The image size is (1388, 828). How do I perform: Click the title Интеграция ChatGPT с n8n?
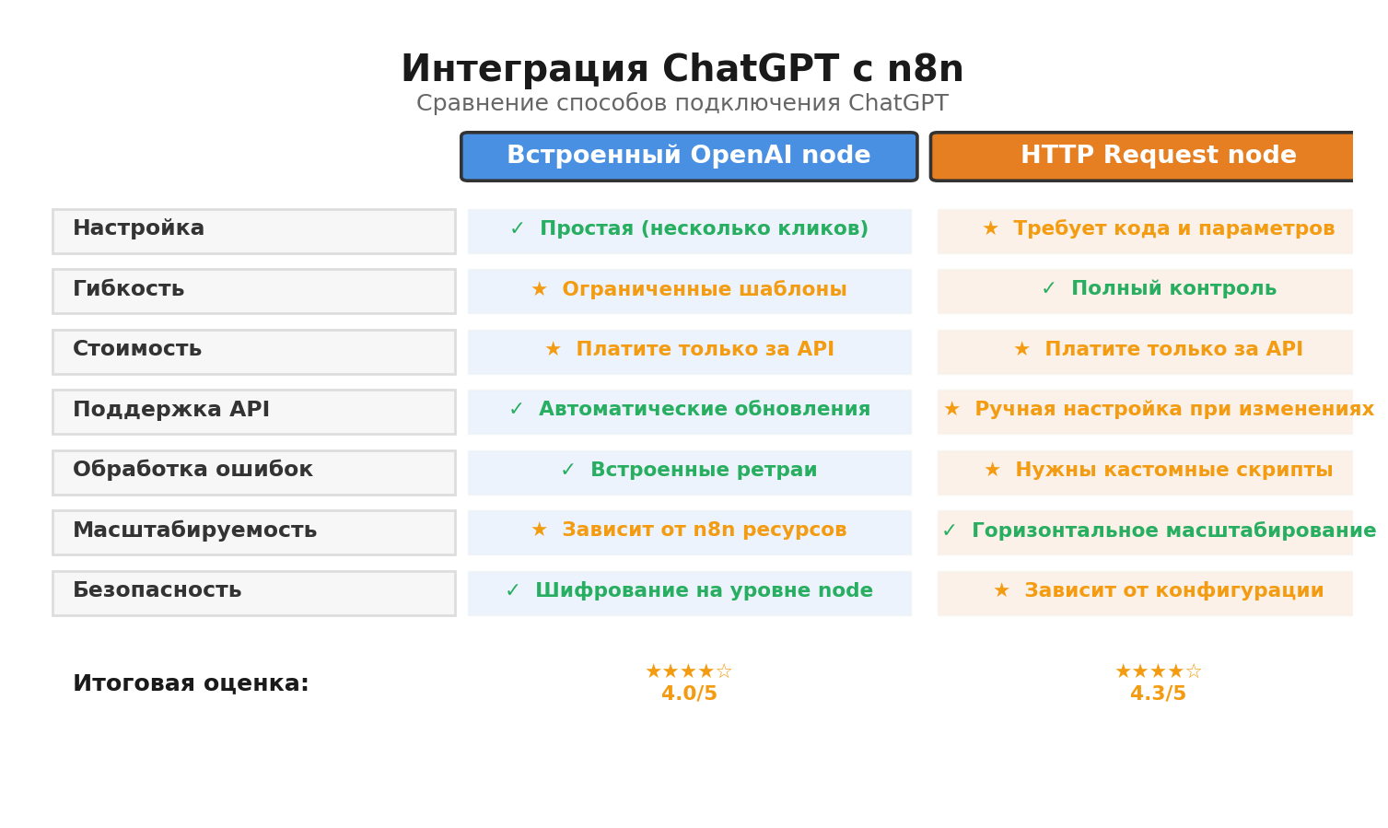click(x=682, y=70)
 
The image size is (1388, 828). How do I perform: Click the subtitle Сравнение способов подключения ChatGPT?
click(x=682, y=104)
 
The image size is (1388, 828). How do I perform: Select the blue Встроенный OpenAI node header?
click(x=689, y=157)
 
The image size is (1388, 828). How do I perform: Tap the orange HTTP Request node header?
click(x=1142, y=157)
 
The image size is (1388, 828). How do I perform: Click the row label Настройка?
click(x=139, y=228)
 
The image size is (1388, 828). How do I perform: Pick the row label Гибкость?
click(x=129, y=289)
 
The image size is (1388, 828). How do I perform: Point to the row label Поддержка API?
click(x=171, y=410)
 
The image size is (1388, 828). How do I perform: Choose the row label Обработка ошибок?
click(x=192, y=470)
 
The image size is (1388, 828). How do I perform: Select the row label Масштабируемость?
click(x=194, y=531)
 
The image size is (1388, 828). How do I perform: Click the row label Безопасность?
click(x=157, y=590)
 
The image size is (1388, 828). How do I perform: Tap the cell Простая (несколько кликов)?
click(x=689, y=230)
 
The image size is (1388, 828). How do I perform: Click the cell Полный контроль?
click(x=1159, y=289)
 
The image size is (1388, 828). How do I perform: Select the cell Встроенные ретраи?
click(x=689, y=471)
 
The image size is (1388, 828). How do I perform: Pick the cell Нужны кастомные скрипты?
click(x=1159, y=471)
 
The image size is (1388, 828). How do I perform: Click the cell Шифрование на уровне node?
click(x=689, y=591)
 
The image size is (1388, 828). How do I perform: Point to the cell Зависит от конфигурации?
click(x=1159, y=591)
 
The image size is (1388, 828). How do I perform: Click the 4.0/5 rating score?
click(x=689, y=694)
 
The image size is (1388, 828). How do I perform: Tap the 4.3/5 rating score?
click(x=1158, y=694)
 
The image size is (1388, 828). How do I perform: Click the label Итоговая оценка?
click(x=191, y=684)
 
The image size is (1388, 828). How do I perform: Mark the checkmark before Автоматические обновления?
click(x=516, y=410)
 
